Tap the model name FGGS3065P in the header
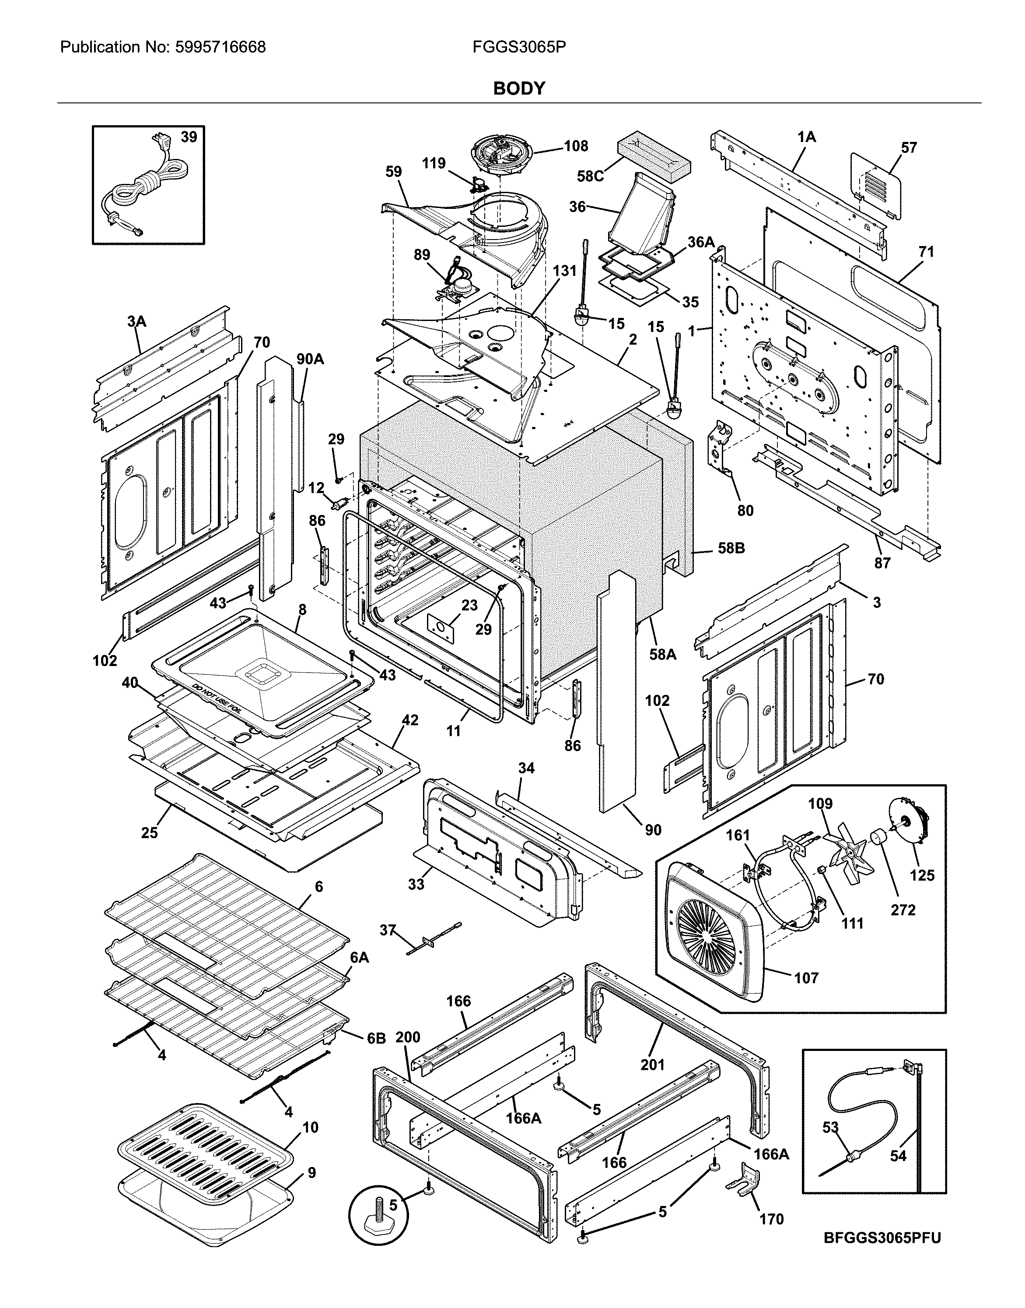tap(519, 47)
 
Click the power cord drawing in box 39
tap(141, 186)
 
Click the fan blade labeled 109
tap(845, 853)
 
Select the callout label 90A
tap(310, 359)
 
